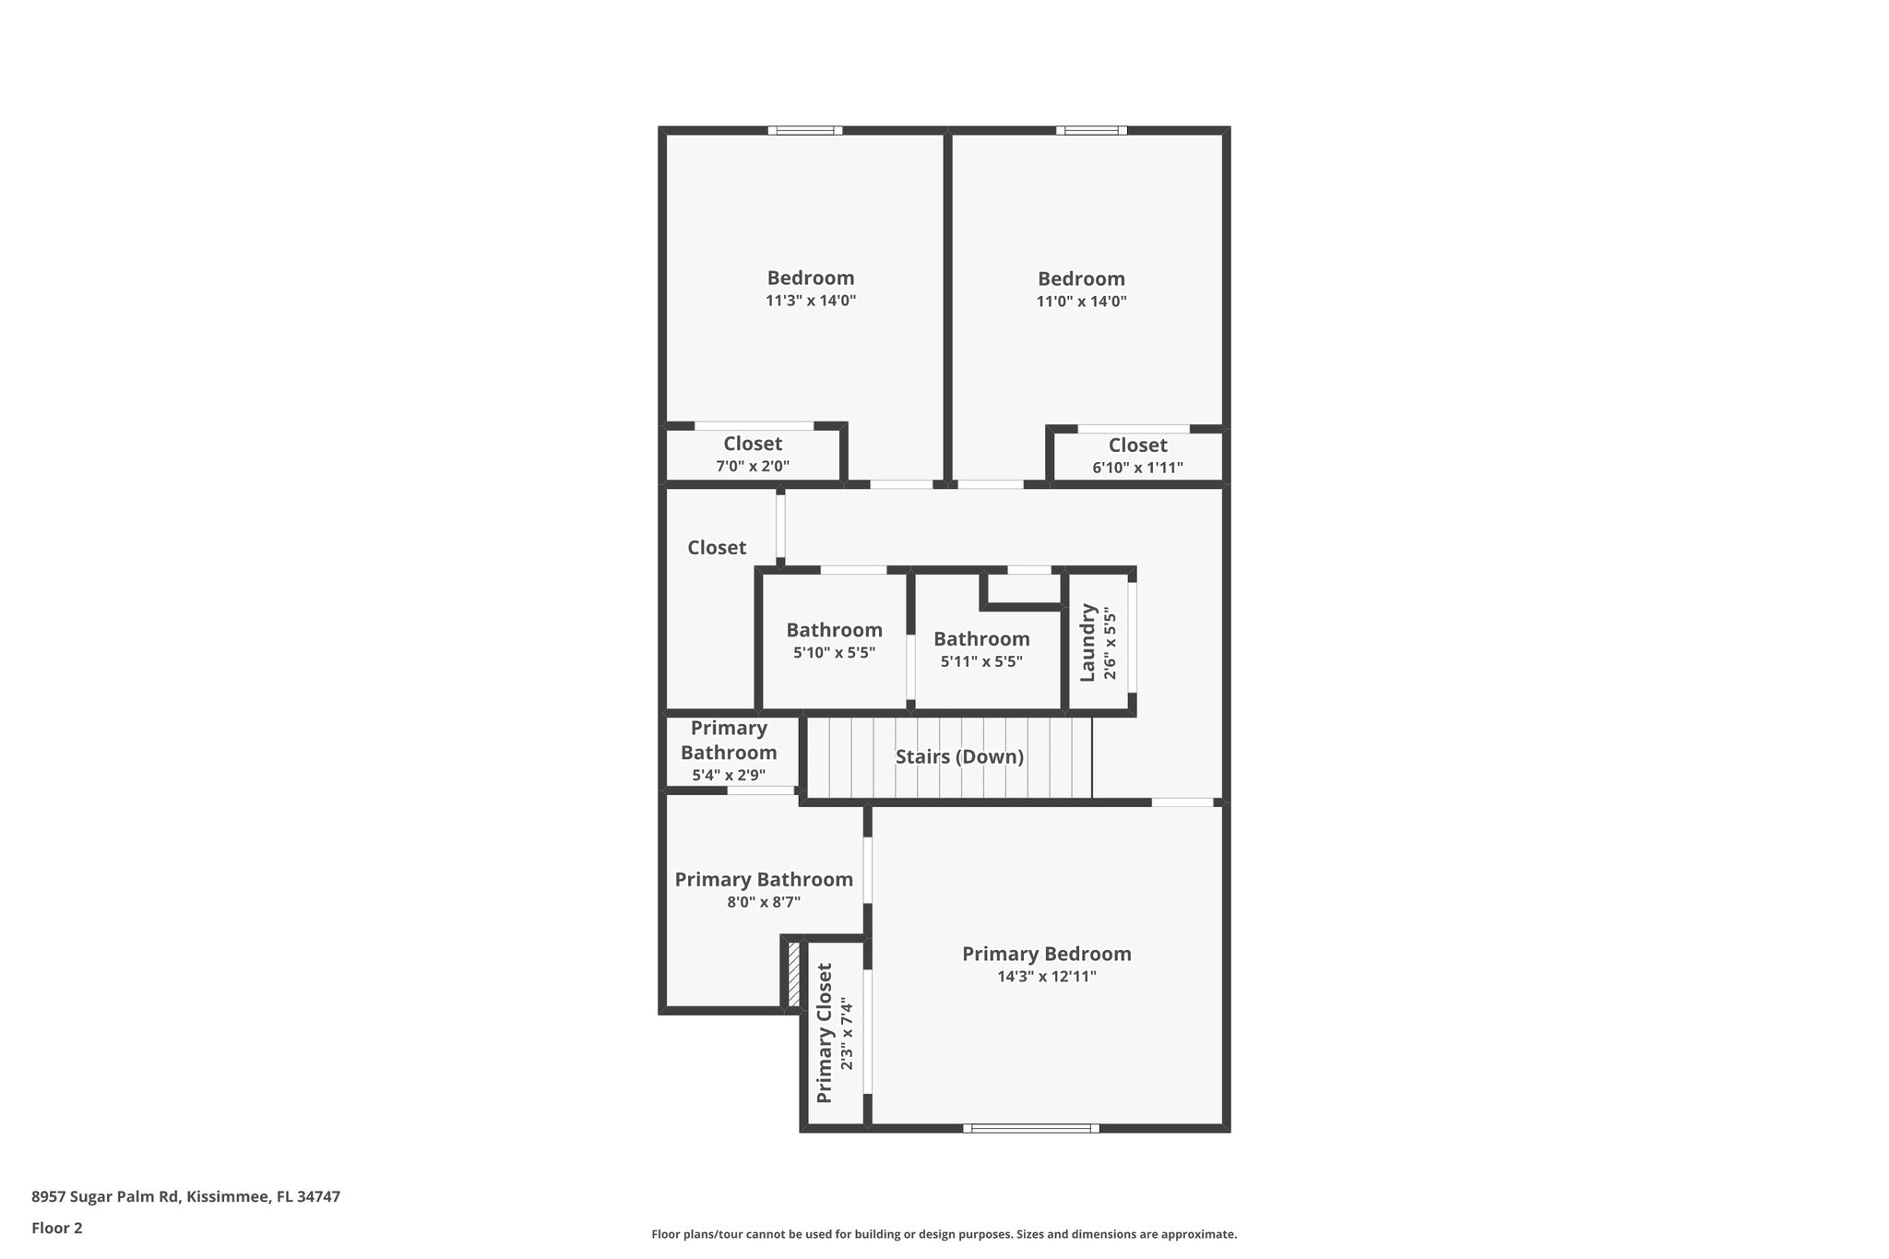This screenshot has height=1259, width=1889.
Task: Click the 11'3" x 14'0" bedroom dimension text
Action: pos(811,301)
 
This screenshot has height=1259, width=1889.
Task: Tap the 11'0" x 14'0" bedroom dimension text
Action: pos(1081,302)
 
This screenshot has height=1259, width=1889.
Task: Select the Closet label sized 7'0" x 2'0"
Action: pos(753,445)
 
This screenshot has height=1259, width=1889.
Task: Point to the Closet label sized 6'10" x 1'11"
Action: pos(1137,445)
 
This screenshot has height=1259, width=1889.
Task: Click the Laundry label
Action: pos(1088,643)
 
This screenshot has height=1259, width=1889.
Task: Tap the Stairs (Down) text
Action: pos(959,757)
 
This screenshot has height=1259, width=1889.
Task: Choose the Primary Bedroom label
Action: pos(1046,955)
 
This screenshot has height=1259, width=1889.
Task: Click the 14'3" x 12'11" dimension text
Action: pos(1046,977)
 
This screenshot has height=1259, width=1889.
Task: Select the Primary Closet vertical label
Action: pos(825,1033)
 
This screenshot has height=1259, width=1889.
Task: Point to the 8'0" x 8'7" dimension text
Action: pos(764,902)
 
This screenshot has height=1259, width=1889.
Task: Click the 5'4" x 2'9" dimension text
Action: pos(729,776)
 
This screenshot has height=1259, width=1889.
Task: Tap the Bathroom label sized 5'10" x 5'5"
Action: pos(834,631)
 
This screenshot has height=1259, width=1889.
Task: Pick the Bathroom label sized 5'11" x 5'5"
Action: pos(981,639)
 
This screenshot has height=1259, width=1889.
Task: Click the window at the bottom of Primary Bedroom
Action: pos(1031,1128)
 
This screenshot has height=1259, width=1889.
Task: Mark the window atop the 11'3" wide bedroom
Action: pos(805,131)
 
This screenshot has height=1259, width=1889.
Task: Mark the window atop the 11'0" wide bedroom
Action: pos(1091,131)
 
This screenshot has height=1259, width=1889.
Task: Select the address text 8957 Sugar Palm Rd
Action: pos(185,1197)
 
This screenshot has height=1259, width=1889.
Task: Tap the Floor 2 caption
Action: pos(57,1229)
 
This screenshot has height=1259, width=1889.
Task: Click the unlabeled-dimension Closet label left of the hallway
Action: pos(717,548)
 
